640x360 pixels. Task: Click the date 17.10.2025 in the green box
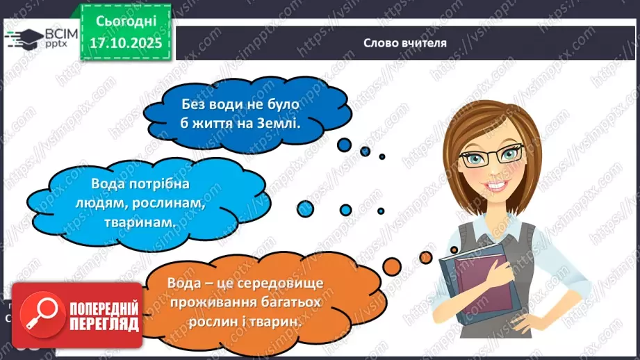(126, 42)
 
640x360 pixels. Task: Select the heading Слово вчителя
(405, 42)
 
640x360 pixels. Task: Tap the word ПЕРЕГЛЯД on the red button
(105, 325)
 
